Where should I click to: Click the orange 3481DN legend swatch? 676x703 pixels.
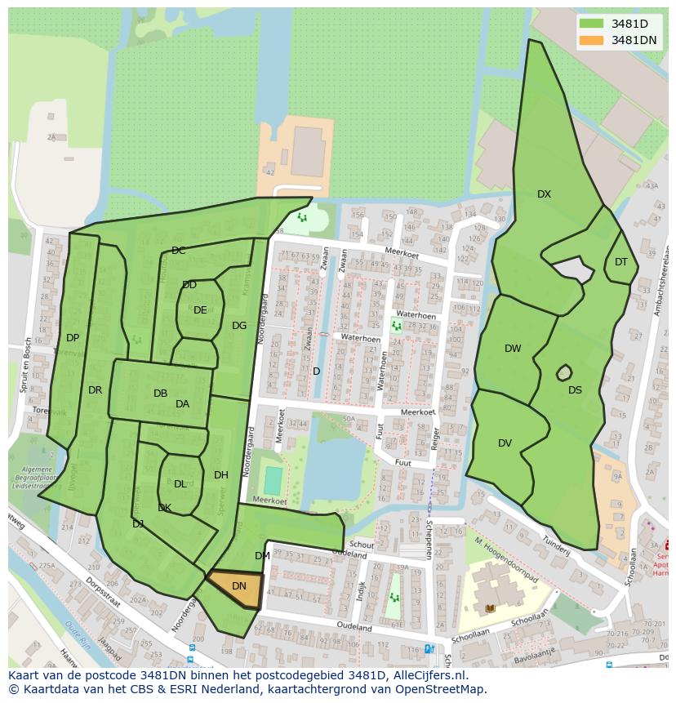[x=592, y=40]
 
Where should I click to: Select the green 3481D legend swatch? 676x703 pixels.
[x=592, y=24]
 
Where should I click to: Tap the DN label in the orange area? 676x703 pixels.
[x=239, y=586]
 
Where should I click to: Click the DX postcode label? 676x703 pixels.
[x=544, y=194]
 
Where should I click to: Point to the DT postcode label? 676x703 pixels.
[x=621, y=262]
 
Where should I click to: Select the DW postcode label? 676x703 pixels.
[x=513, y=349]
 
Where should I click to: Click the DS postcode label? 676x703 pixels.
[x=576, y=390]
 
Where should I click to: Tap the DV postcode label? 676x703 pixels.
[x=505, y=443]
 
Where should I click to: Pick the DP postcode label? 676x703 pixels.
[x=73, y=338]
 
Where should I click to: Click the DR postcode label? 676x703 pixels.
[x=96, y=390]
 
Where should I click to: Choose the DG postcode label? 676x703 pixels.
[x=239, y=326]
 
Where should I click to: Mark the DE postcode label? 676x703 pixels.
[x=200, y=310]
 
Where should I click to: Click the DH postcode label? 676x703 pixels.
[x=221, y=475]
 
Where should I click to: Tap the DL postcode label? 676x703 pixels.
[x=180, y=484]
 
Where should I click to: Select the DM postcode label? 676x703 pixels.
[x=262, y=556]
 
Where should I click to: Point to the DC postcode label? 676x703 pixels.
[x=179, y=251]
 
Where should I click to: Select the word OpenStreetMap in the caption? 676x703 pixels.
[x=439, y=689]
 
